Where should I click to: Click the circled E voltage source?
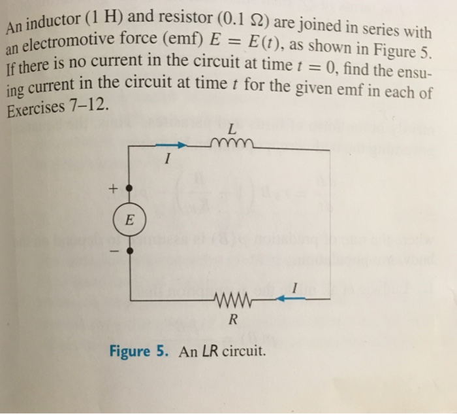pos(129,219)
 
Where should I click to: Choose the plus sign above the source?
pos(112,189)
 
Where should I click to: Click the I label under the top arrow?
pos(168,159)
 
